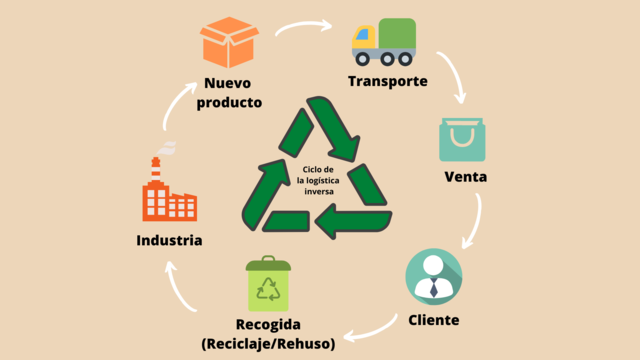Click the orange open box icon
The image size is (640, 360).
(x=229, y=41)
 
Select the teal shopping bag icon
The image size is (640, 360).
(x=462, y=141)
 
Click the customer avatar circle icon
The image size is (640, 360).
(x=434, y=277)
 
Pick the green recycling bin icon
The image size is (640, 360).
(x=268, y=284)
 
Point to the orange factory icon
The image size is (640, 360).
(x=168, y=193)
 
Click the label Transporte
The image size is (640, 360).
(x=388, y=81)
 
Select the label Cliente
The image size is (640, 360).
(x=434, y=320)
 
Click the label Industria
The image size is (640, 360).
(x=170, y=241)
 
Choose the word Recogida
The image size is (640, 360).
(x=268, y=326)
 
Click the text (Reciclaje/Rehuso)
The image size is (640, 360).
(x=268, y=344)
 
